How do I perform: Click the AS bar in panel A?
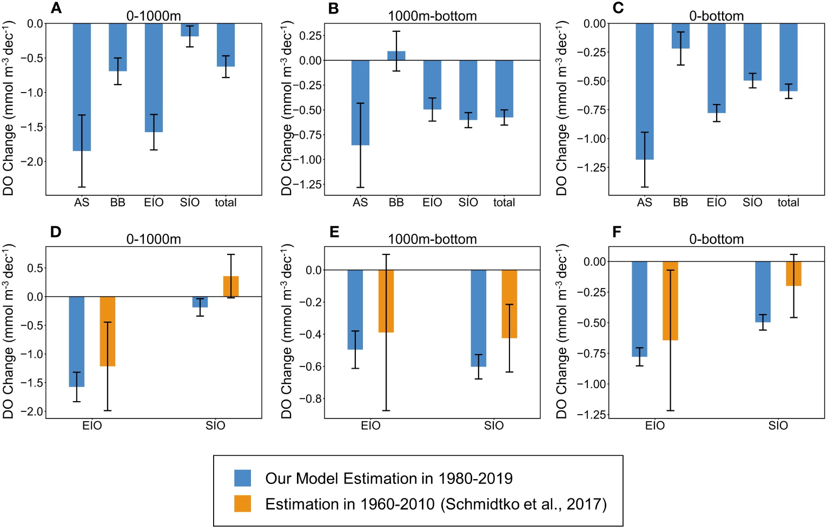click(x=82, y=87)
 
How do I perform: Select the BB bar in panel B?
click(x=396, y=56)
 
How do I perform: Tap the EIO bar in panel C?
click(x=716, y=68)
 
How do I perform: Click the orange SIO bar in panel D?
click(x=231, y=286)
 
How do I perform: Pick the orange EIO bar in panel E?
click(x=386, y=301)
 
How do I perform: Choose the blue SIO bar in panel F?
click(x=763, y=292)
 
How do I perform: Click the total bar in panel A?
click(x=226, y=45)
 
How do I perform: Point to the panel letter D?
click(x=56, y=232)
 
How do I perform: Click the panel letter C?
click(x=618, y=8)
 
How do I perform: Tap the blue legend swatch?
click(x=242, y=478)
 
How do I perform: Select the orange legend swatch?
click(x=242, y=503)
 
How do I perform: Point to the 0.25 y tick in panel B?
click(x=311, y=36)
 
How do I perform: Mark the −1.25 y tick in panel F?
click(x=591, y=415)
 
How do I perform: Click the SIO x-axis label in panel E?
click(x=494, y=426)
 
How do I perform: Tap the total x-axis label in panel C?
click(x=788, y=202)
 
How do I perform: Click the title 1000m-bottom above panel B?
click(x=432, y=16)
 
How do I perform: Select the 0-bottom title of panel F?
click(x=716, y=239)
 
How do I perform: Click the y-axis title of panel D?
click(x=8, y=331)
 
